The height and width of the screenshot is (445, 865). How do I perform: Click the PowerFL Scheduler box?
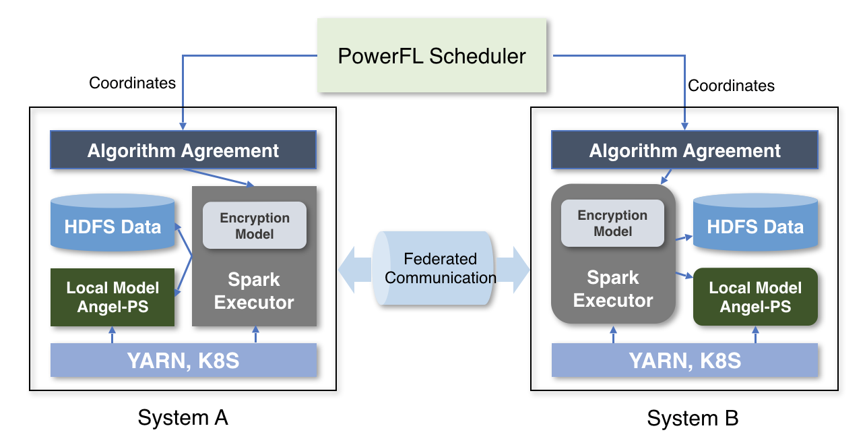click(x=431, y=55)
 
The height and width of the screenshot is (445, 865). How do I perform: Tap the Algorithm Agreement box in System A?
click(x=183, y=150)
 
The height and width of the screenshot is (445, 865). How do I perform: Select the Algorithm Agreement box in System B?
click(x=685, y=150)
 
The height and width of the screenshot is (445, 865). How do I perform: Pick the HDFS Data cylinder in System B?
click(x=755, y=226)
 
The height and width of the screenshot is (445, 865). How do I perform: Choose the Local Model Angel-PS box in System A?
click(x=113, y=297)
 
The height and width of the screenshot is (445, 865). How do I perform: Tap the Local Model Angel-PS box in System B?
click(x=755, y=297)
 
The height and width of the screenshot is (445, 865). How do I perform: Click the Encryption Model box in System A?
click(x=255, y=226)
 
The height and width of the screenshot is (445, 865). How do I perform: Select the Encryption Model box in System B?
click(x=612, y=223)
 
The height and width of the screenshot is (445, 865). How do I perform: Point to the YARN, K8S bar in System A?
click(x=183, y=360)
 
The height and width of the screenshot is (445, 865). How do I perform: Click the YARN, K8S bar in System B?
click(x=685, y=360)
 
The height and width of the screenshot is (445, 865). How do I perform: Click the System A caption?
click(x=183, y=418)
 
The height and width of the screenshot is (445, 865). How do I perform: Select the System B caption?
click(x=693, y=419)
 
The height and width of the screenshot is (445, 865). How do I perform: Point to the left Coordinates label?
click(x=132, y=83)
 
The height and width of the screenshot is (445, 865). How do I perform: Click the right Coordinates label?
click(x=731, y=86)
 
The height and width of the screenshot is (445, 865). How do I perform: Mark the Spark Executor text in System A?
click(x=254, y=291)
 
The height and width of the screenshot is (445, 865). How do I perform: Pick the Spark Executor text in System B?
click(x=613, y=289)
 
